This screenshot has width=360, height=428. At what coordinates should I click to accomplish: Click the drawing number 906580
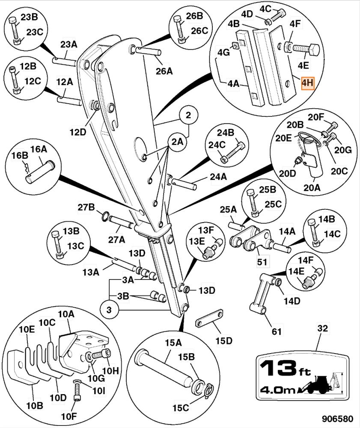coord(335,417)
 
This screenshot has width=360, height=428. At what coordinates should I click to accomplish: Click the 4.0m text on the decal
coord(277,390)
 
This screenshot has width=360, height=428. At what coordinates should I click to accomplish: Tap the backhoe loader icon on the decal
coord(319,383)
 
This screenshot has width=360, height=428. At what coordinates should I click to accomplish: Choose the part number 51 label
coord(262,261)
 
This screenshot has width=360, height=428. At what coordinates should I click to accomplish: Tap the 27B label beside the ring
coord(86,208)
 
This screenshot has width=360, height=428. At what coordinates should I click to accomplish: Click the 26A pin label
coord(164,71)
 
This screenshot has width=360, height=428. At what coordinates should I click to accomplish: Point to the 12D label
coord(79,131)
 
